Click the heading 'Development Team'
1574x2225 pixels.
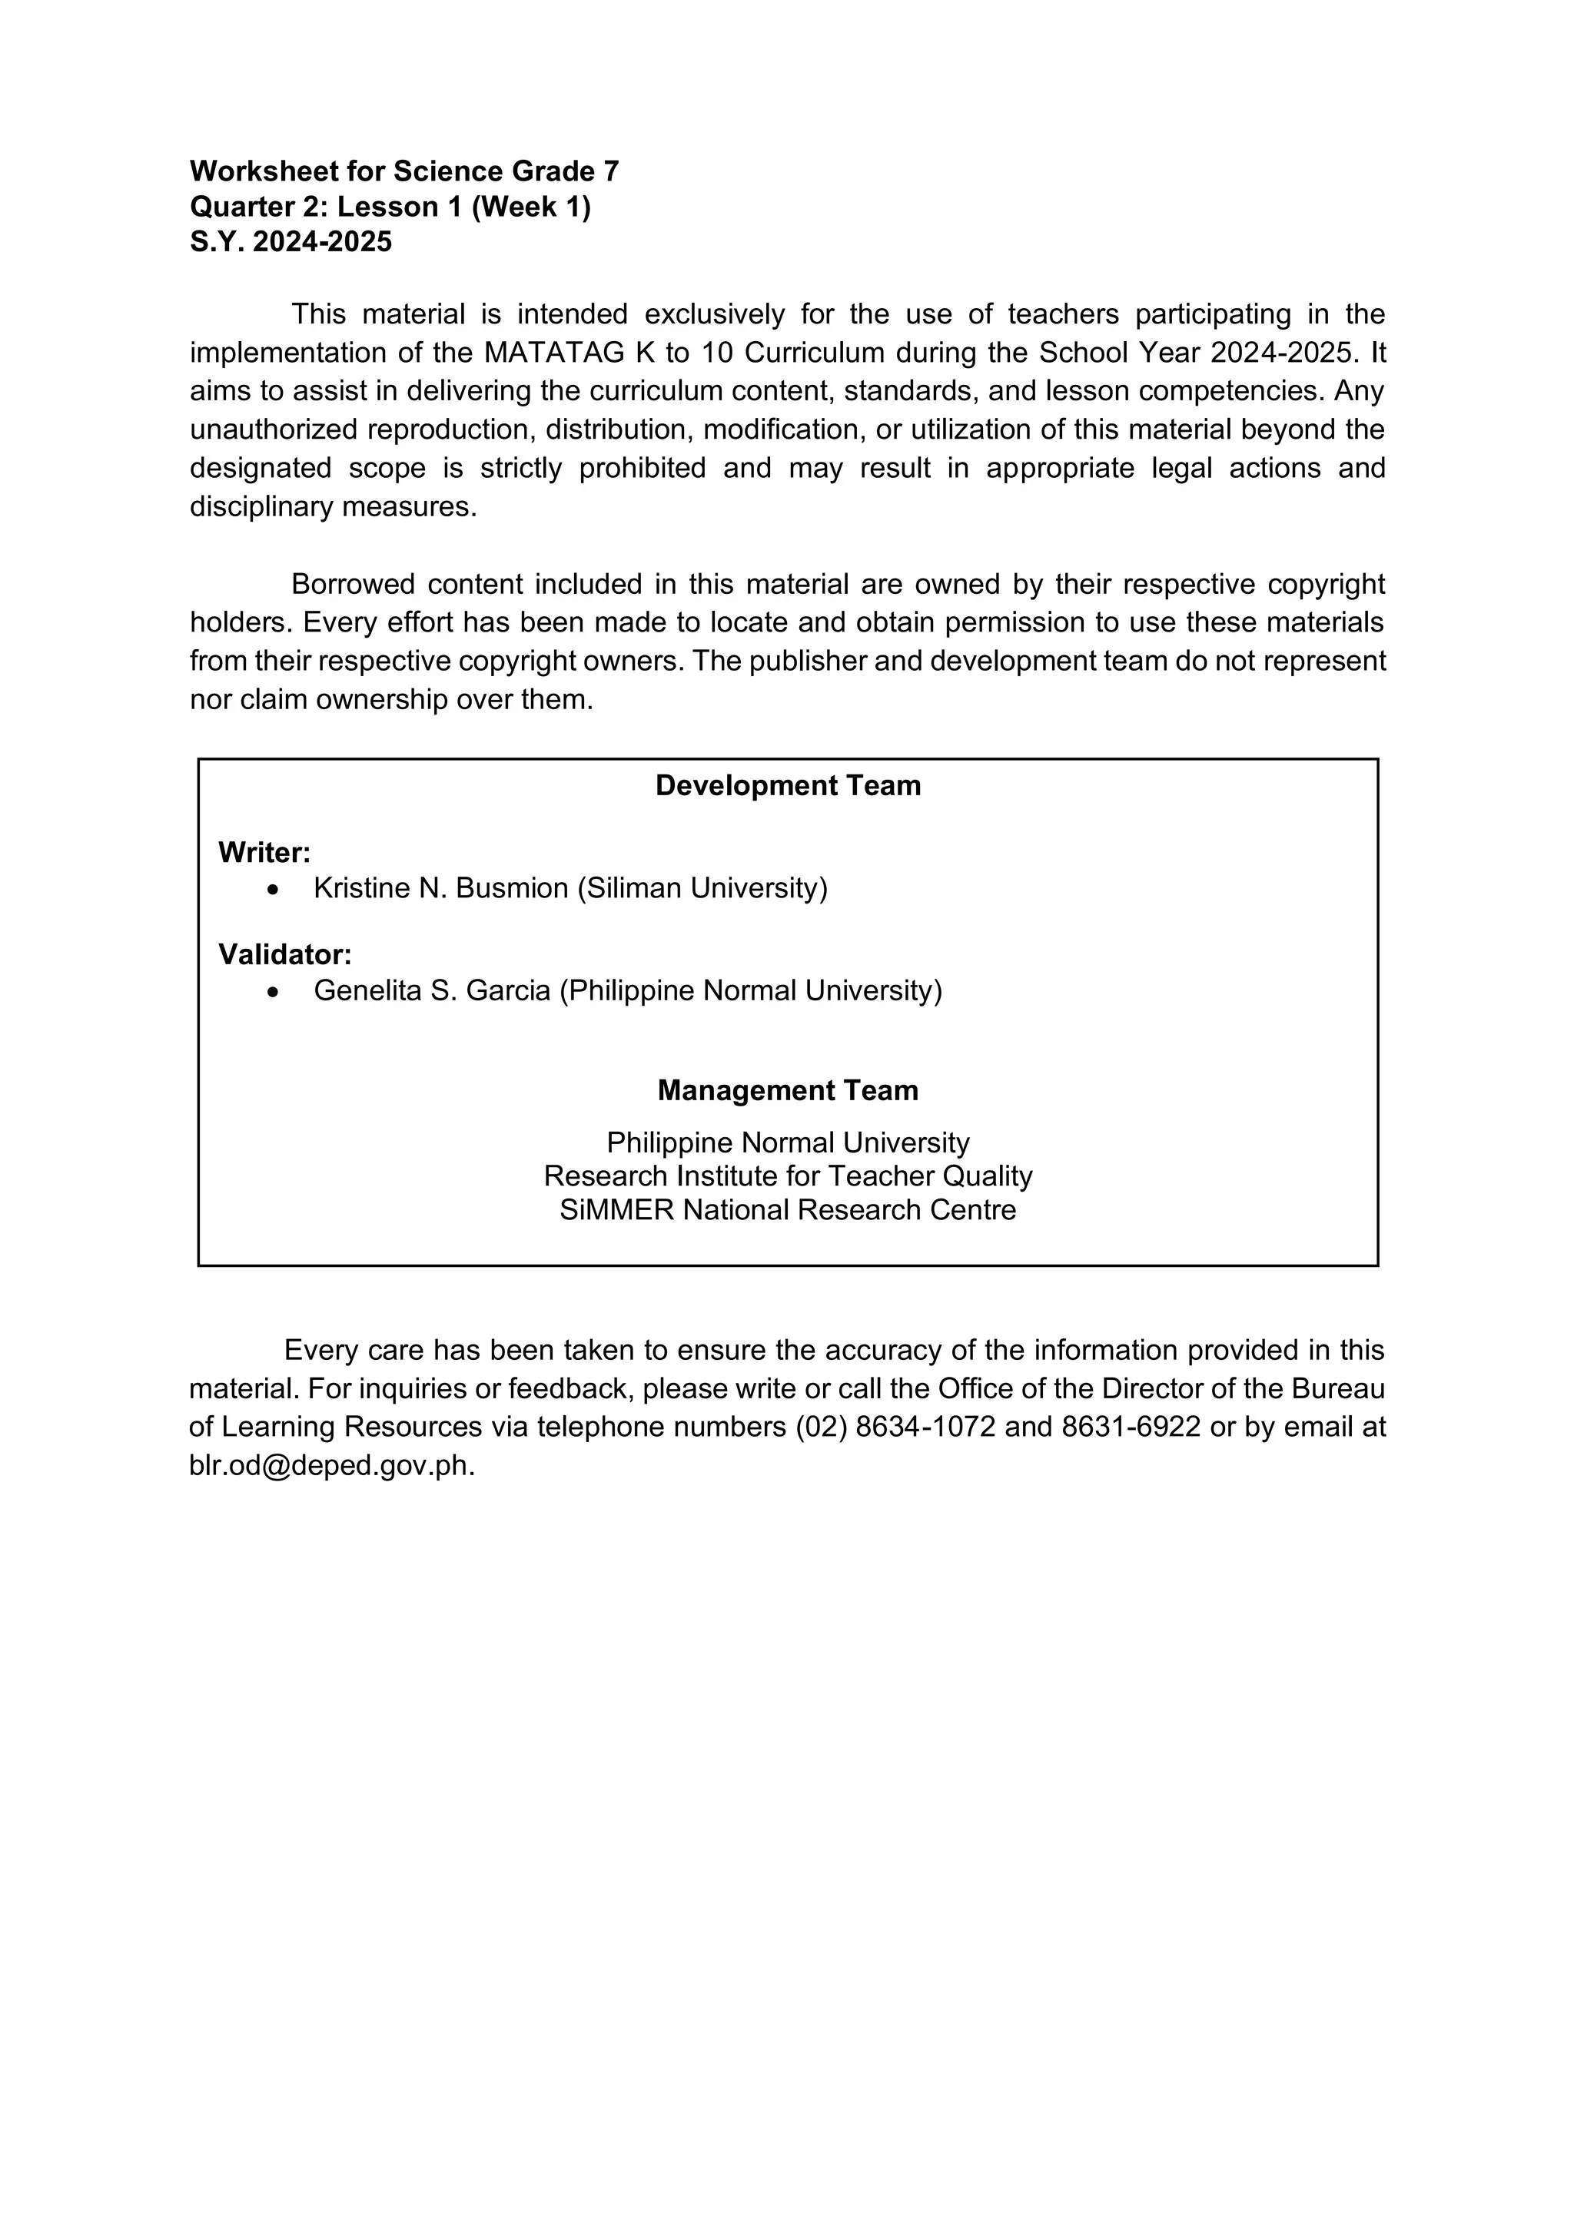tap(787, 785)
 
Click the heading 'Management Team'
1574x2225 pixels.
tap(787, 1090)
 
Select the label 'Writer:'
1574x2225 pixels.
tap(264, 853)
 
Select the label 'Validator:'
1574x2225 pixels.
tap(284, 954)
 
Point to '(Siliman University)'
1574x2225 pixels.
tap(702, 889)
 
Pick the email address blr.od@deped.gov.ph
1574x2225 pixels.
tap(331, 1465)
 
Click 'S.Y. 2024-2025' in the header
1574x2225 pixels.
tap(291, 241)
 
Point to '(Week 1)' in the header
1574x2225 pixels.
tap(530, 207)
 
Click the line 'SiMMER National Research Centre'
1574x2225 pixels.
tap(787, 1209)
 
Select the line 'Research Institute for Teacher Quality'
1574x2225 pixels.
tap(787, 1176)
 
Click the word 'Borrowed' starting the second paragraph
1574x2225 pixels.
tap(351, 585)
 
